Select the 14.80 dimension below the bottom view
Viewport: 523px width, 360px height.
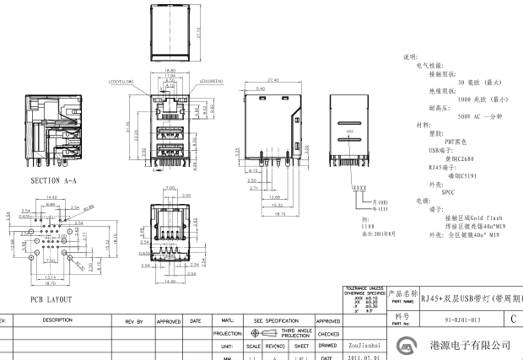point(170,282)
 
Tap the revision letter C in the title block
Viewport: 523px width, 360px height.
point(514,320)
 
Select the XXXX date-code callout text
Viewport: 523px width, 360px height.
point(359,185)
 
